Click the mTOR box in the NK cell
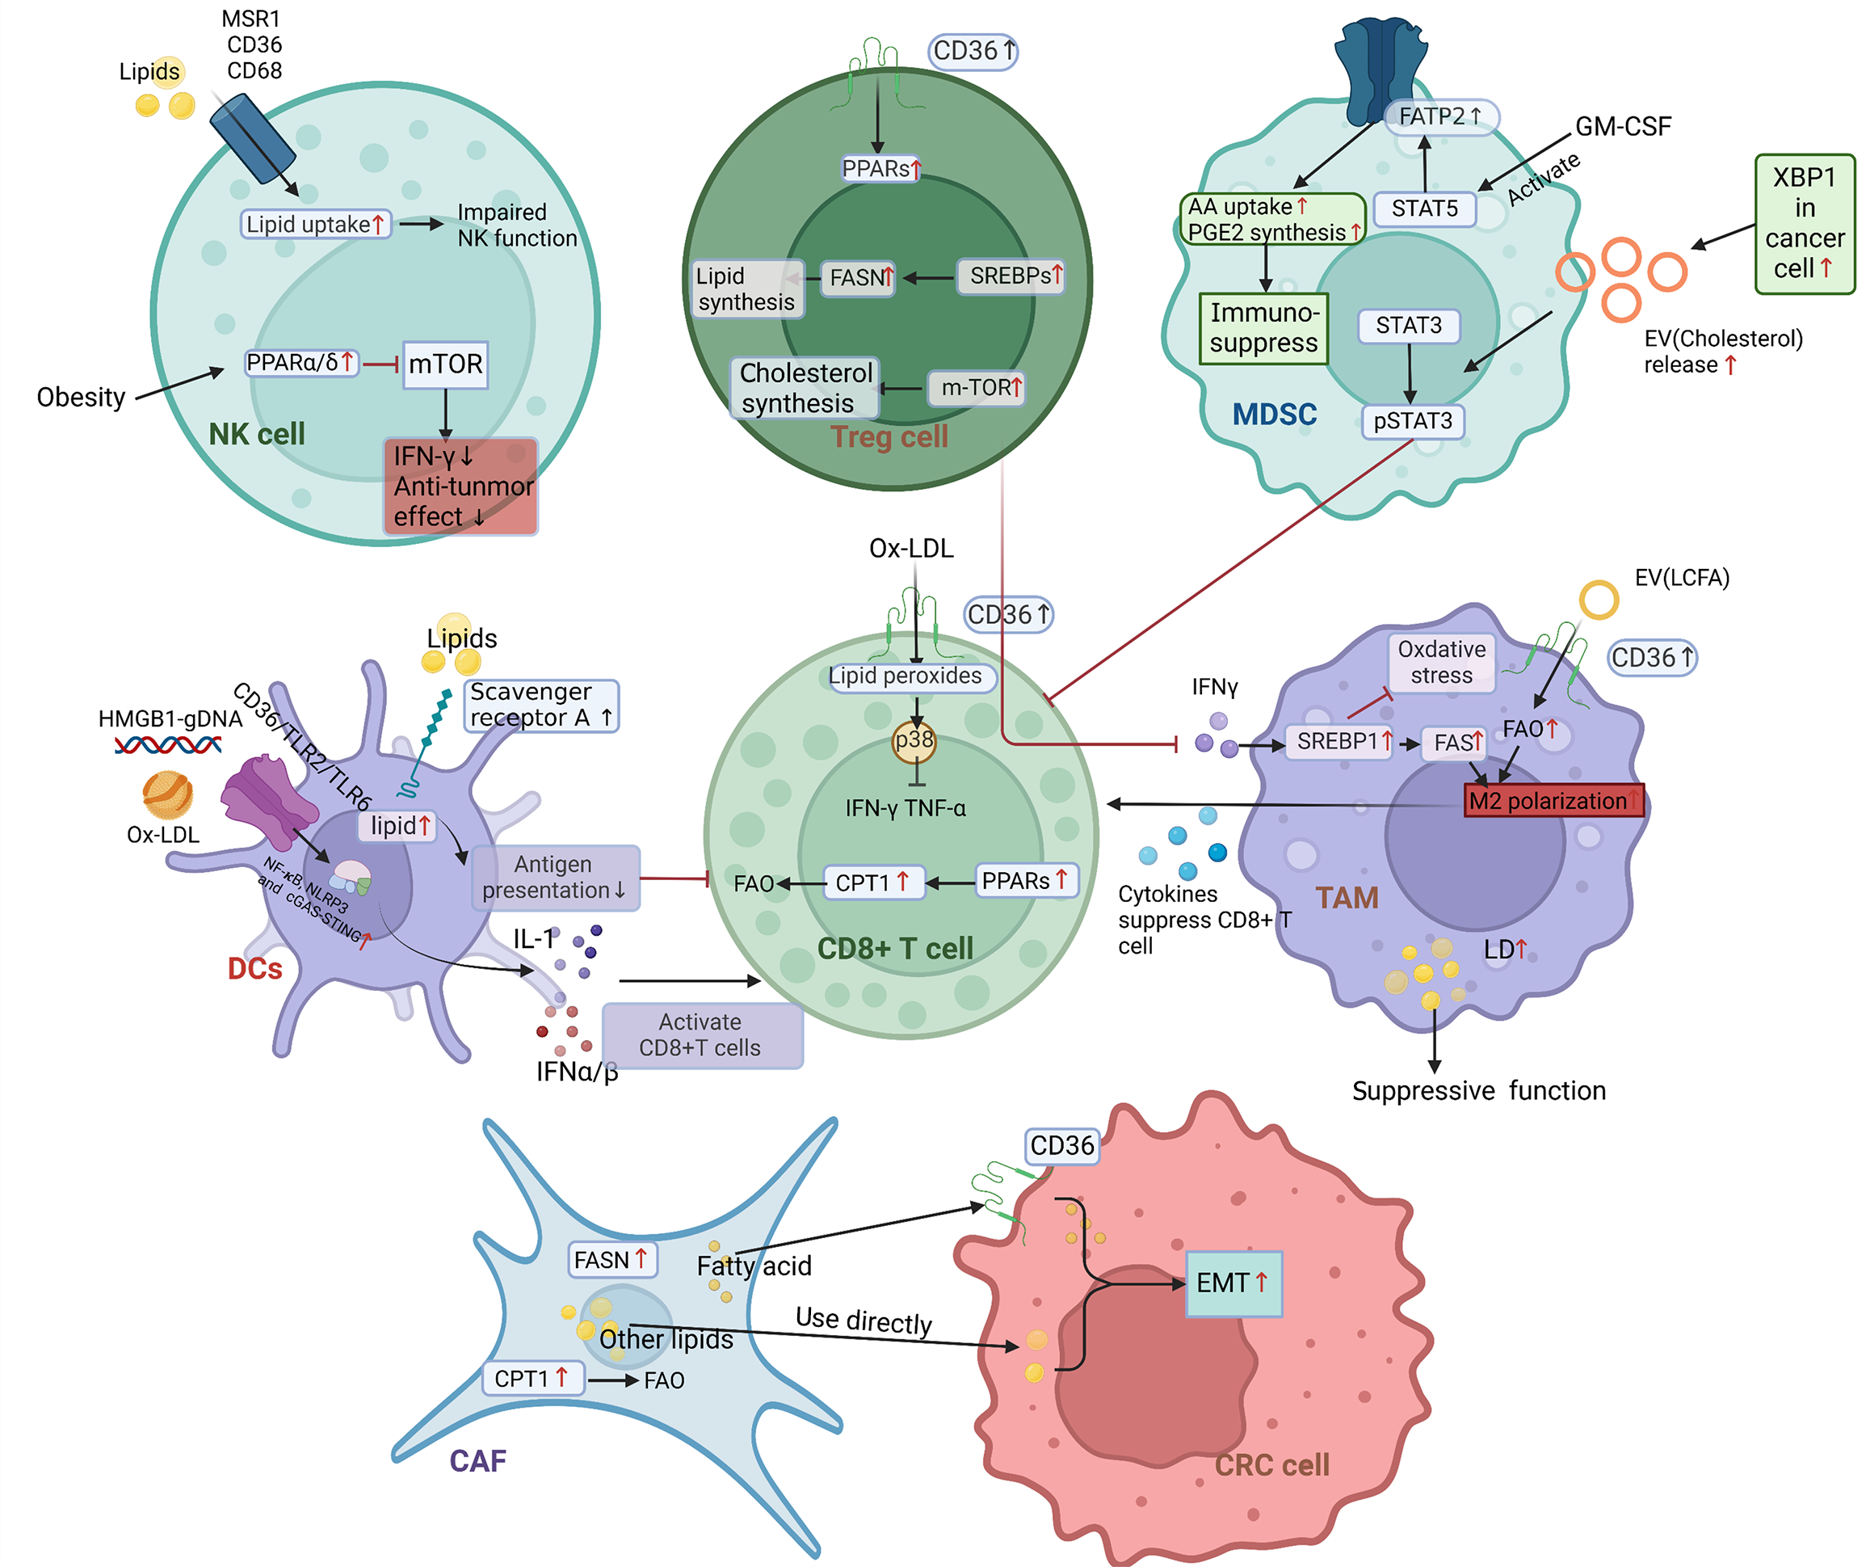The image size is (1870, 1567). (x=445, y=364)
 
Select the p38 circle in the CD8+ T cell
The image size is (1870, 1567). (x=914, y=741)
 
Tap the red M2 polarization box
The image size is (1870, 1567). (x=1553, y=800)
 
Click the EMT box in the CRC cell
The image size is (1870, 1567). (x=1233, y=1283)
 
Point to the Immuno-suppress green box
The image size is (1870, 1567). (x=1263, y=328)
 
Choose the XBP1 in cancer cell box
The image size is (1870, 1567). (x=1804, y=224)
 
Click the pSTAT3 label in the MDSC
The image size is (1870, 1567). (x=1412, y=420)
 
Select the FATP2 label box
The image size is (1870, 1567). (x=1441, y=116)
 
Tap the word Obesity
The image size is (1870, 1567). (x=80, y=398)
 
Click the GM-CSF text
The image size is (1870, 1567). (x=1623, y=127)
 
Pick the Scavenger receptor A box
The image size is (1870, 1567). (x=540, y=705)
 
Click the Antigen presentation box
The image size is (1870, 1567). (x=555, y=877)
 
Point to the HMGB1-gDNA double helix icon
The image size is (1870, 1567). (x=167, y=745)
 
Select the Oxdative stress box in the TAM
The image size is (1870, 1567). (x=1441, y=662)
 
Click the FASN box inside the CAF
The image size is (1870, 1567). (x=611, y=1260)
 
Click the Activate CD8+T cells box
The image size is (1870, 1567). (x=701, y=1034)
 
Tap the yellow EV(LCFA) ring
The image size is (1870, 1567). (x=1599, y=600)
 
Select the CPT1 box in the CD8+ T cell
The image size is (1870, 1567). (x=872, y=882)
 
